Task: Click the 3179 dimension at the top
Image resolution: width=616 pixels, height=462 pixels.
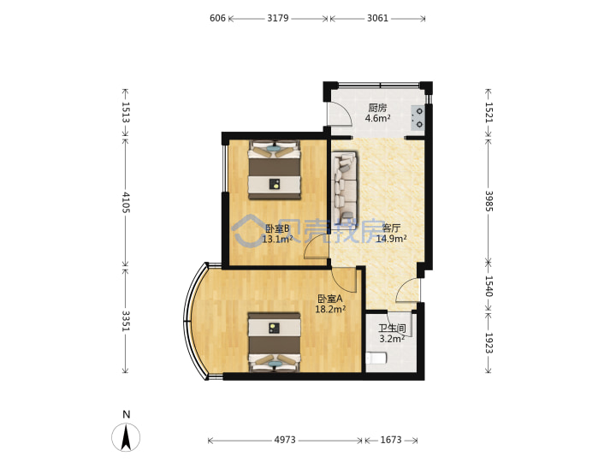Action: pyautogui.click(x=278, y=18)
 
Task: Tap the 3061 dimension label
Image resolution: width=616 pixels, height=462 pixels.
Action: pyautogui.click(x=377, y=18)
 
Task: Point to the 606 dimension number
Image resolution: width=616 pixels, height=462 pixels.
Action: pyautogui.click(x=217, y=18)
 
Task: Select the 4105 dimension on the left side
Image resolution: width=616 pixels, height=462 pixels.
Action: pyautogui.click(x=126, y=202)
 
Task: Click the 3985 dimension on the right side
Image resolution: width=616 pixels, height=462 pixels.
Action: pyautogui.click(x=489, y=201)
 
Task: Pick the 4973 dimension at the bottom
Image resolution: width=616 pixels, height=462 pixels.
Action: pyautogui.click(x=285, y=440)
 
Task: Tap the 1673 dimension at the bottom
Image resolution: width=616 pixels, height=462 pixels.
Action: pyautogui.click(x=391, y=440)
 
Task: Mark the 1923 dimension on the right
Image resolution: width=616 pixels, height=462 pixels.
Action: pyautogui.click(x=489, y=343)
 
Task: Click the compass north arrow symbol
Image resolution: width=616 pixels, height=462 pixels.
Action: pyautogui.click(x=126, y=437)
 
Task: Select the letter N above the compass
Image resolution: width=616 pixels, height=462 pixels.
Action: pyautogui.click(x=126, y=414)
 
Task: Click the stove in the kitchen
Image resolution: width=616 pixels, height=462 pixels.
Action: pyautogui.click(x=418, y=118)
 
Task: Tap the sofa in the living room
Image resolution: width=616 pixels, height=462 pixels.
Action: pyautogui.click(x=345, y=186)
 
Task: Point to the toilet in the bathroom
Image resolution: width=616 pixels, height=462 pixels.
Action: pyautogui.click(x=376, y=358)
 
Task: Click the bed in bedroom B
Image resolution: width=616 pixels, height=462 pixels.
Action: pyautogui.click(x=275, y=169)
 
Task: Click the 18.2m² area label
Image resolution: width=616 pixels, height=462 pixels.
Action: pyautogui.click(x=330, y=309)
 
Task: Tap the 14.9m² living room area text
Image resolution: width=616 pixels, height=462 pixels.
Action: pyautogui.click(x=391, y=239)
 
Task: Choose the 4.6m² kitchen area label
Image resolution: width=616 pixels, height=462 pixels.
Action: pyautogui.click(x=377, y=118)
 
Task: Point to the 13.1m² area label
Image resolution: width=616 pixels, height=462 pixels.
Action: pyautogui.click(x=277, y=239)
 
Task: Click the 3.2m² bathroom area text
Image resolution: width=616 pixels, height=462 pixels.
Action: pyautogui.click(x=392, y=339)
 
